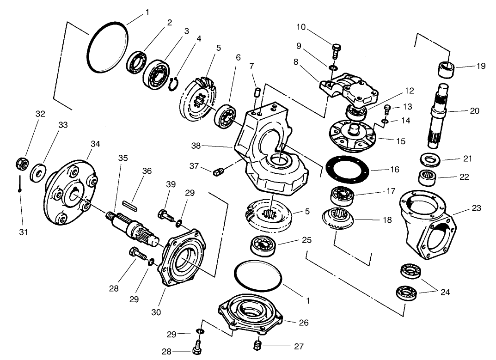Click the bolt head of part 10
pos(336,47)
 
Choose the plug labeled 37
pos(219,172)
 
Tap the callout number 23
pos(477,208)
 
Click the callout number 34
pos(95,144)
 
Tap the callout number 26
pos(304,323)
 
